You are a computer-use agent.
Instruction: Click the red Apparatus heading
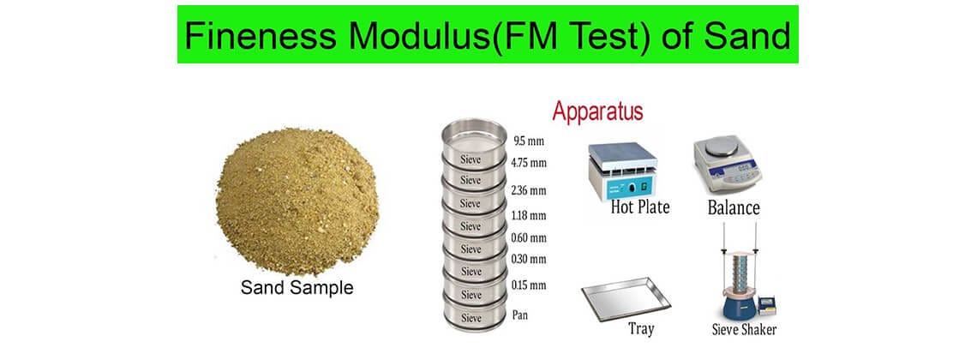point(597,111)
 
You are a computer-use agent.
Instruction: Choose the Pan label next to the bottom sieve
point(521,315)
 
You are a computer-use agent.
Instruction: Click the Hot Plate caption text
point(639,207)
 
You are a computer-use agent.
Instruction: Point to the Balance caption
point(734,207)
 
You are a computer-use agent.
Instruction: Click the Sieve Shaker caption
point(744,329)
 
